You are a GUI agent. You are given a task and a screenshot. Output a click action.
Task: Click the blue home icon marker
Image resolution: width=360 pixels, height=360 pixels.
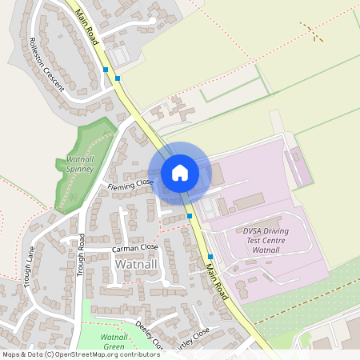180,173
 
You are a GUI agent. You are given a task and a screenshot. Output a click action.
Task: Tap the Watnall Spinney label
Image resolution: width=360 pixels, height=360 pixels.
74,165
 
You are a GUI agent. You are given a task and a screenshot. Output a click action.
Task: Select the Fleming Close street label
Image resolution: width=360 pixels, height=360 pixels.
130,185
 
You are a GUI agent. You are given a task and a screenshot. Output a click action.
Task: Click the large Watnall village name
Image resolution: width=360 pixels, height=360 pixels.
137,264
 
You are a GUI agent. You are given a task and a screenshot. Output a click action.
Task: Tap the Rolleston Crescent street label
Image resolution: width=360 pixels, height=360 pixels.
46,65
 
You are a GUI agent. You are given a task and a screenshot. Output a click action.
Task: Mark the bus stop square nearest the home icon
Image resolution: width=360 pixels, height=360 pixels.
190,216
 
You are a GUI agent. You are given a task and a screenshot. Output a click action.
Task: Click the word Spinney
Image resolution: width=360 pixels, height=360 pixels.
74,170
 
